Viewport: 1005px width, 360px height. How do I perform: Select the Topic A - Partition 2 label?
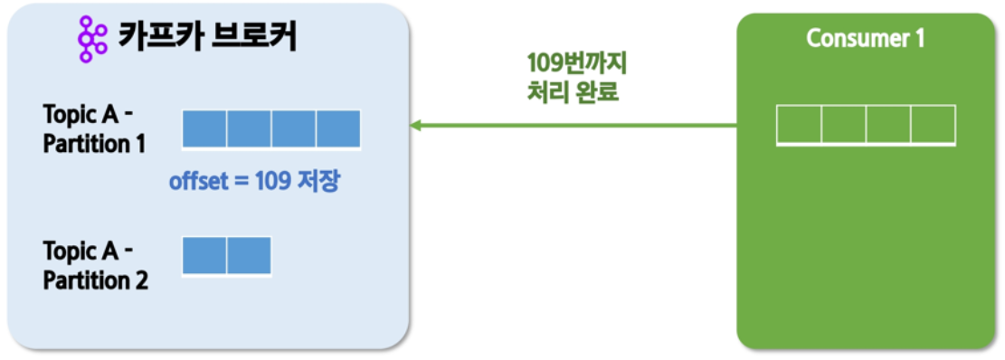coord(96,265)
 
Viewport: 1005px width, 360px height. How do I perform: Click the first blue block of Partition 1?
coord(204,129)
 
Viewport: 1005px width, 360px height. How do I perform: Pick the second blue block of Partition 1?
coord(249,129)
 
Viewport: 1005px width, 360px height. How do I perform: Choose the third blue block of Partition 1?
coord(294,129)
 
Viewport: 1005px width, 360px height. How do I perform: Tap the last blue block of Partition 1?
coord(338,129)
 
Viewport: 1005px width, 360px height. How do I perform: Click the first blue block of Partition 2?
coord(204,256)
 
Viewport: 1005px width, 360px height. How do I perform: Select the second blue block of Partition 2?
coord(249,256)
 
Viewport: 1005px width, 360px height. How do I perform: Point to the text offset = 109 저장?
coord(254,182)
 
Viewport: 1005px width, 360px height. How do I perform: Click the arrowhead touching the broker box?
coord(416,125)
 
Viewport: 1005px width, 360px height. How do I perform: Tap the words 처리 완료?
coord(572,93)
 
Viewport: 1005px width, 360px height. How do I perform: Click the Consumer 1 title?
coord(866,39)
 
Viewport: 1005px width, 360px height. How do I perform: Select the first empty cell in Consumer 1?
coord(800,125)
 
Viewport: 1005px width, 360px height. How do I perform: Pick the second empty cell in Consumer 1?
coord(843,125)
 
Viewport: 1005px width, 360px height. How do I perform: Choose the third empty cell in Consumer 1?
coord(888,125)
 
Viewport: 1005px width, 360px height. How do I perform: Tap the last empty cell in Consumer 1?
coord(934,125)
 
